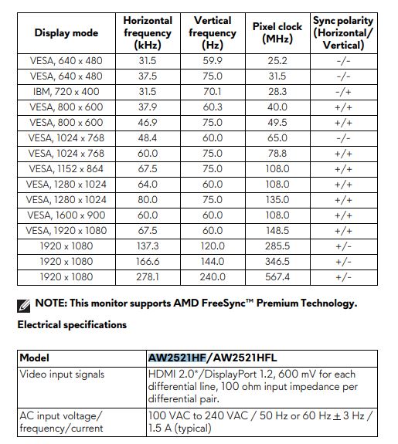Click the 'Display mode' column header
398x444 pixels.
[x=66, y=33]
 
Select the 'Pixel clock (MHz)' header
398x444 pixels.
[x=277, y=32]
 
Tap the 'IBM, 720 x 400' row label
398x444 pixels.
[x=66, y=92]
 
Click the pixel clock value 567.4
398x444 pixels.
[x=277, y=276]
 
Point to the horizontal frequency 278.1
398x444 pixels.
[x=147, y=276]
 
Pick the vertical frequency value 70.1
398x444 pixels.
[x=213, y=92]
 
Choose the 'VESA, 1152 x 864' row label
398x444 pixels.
[x=66, y=169]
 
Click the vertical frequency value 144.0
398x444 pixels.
[x=213, y=261]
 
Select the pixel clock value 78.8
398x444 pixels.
[x=277, y=154]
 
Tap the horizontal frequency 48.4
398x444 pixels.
[x=147, y=138]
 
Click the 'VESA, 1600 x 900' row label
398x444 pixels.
[x=66, y=215]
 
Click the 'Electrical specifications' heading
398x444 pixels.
[x=72, y=325]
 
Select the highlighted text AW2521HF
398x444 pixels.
[x=177, y=358]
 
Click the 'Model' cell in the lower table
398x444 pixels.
[x=35, y=358]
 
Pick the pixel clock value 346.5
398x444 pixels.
[x=277, y=261]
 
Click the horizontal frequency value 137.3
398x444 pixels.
[x=147, y=246]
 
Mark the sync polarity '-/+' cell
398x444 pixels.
[x=343, y=92]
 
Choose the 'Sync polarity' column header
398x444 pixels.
[x=343, y=32]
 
